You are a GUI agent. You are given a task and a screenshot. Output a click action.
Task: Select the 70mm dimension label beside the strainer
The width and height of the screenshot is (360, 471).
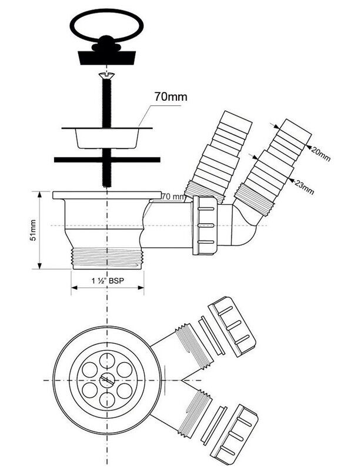(x=171, y=97)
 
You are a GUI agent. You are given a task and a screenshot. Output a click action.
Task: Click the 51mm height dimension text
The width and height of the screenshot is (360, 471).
(x=34, y=229)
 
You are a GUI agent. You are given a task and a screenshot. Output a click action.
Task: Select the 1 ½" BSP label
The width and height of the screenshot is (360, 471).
(x=108, y=281)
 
